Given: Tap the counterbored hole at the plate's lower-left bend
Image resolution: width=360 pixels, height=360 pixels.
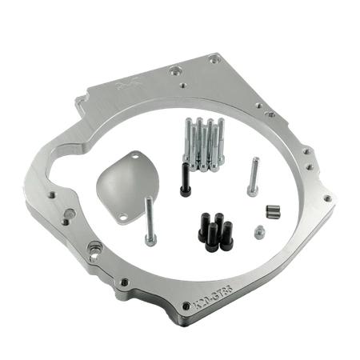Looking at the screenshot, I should click(x=95, y=258).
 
